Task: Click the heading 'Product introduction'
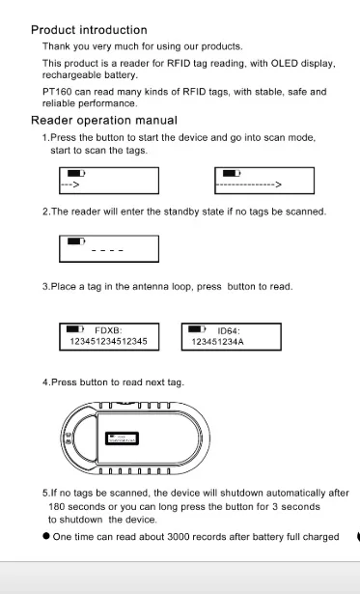click(x=89, y=30)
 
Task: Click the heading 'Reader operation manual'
click(x=104, y=121)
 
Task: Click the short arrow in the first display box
click(x=70, y=184)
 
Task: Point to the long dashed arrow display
click(x=249, y=184)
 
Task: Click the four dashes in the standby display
click(x=107, y=250)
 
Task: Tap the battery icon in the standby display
click(x=76, y=241)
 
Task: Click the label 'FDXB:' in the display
click(x=108, y=330)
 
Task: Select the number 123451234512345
click(x=109, y=341)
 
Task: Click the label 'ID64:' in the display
click(x=229, y=330)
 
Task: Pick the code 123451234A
click(x=218, y=342)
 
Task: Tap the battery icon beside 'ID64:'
click(x=197, y=328)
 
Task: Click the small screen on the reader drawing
click(x=122, y=438)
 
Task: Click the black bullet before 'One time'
click(x=46, y=536)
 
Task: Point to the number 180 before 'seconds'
click(x=57, y=506)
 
